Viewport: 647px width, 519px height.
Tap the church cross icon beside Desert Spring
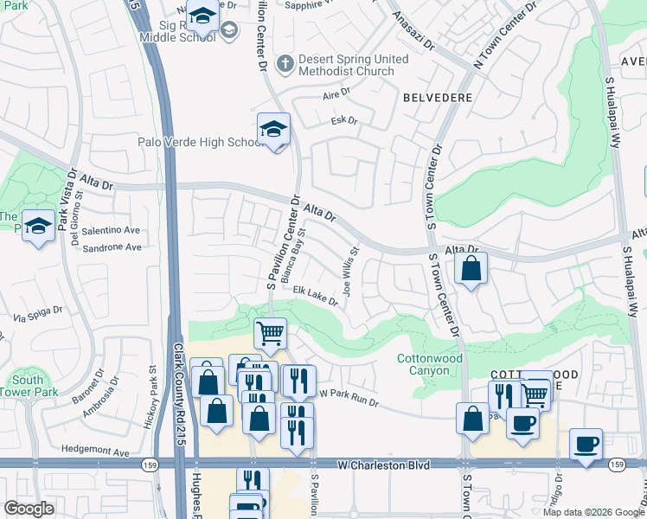click(x=283, y=62)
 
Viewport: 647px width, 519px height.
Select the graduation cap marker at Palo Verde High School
click(x=273, y=130)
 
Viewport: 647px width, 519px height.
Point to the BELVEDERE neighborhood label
click(x=438, y=98)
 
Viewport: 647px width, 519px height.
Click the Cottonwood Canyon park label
click(x=423, y=364)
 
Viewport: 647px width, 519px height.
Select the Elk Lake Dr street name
click(x=314, y=296)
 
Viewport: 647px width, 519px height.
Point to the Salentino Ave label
click(x=111, y=230)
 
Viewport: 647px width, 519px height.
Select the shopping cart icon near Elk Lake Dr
click(x=271, y=332)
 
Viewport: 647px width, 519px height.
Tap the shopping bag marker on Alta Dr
click(x=471, y=269)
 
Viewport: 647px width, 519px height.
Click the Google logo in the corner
click(x=29, y=508)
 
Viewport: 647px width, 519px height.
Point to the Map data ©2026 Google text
click(x=593, y=512)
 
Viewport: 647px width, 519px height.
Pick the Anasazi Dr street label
click(x=412, y=30)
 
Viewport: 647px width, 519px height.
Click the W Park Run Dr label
click(x=349, y=393)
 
